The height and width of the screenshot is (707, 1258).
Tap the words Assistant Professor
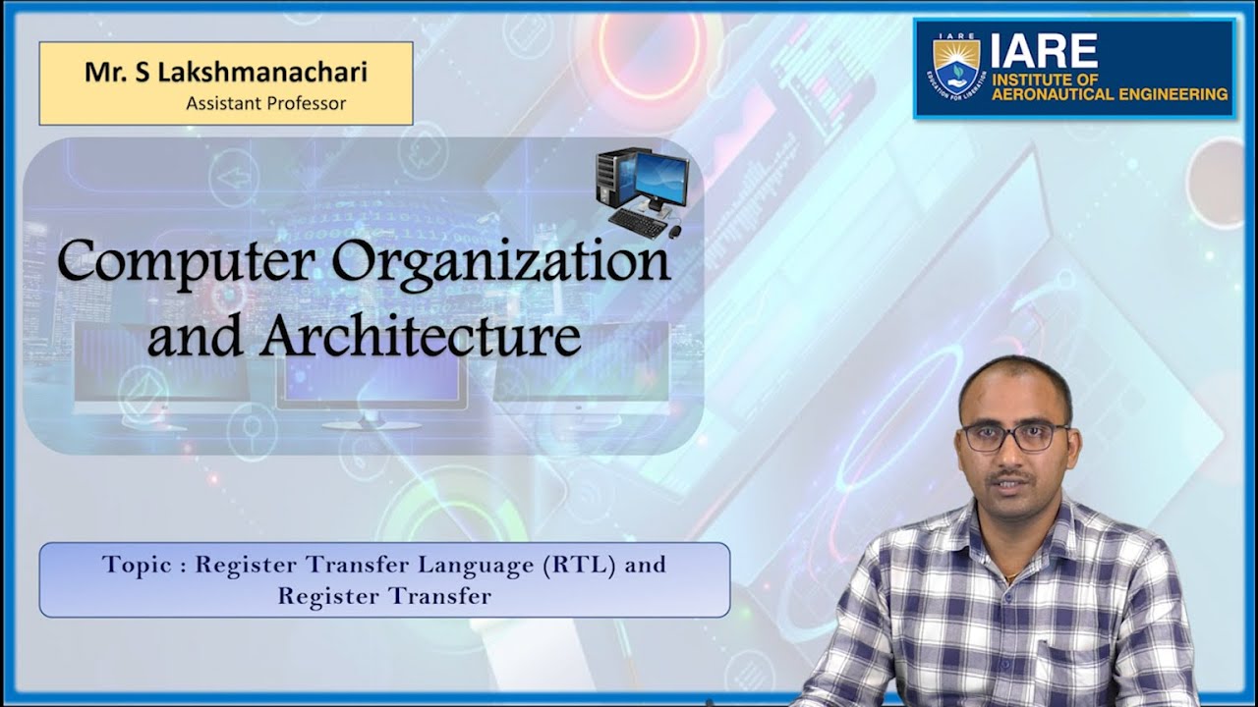[x=265, y=103]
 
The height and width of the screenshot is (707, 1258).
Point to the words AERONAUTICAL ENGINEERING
[x=1110, y=94]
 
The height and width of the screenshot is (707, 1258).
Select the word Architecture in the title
[x=420, y=336]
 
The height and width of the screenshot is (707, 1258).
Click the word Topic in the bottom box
[x=136, y=565]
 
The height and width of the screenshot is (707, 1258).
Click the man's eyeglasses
[x=1013, y=435]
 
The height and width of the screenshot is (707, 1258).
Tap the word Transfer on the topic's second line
[x=437, y=596]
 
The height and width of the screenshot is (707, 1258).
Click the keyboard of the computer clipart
[x=637, y=223]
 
